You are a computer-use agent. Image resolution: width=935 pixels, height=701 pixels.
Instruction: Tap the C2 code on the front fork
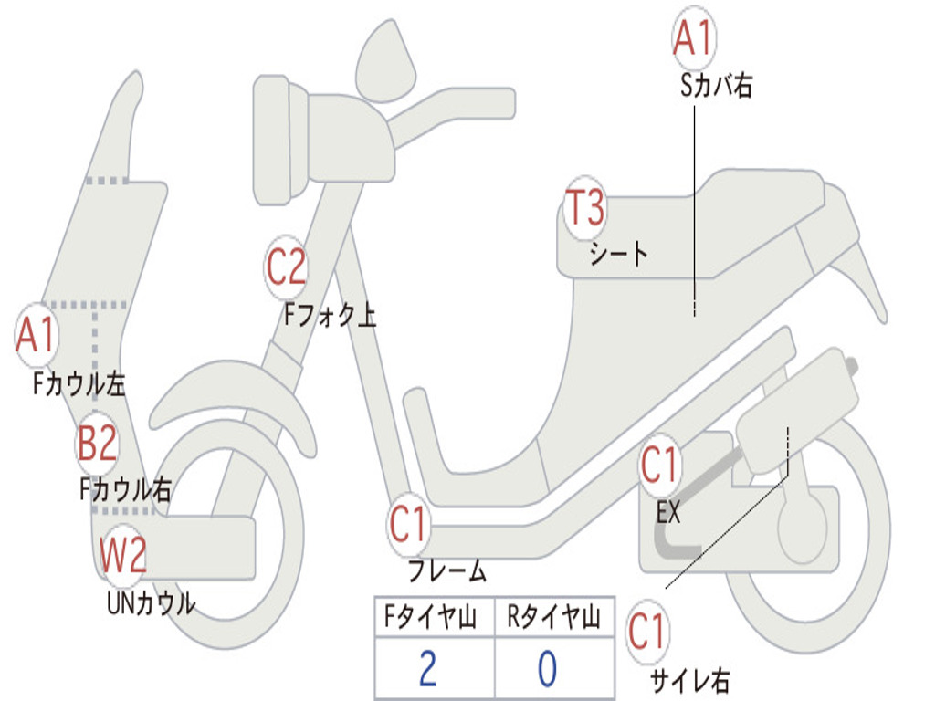[x=286, y=267]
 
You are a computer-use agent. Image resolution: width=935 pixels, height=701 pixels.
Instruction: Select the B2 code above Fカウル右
[x=97, y=444]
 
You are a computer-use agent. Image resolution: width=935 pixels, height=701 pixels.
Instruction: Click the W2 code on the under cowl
[x=123, y=556]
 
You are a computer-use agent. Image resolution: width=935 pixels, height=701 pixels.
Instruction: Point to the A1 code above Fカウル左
[x=37, y=336]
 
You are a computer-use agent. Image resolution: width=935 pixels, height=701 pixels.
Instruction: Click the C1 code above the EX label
[x=659, y=466]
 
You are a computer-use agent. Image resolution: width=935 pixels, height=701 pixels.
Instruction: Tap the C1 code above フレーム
[x=409, y=526]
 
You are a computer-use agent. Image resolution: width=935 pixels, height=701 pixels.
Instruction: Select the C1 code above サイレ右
[x=647, y=632]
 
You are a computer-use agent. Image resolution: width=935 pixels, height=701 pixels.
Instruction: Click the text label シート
[x=618, y=254]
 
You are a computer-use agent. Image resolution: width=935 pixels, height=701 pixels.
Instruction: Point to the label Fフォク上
[x=330, y=315]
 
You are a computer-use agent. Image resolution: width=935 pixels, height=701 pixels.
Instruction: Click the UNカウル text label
[x=151, y=603]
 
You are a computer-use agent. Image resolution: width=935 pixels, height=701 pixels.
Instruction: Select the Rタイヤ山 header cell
[x=553, y=619]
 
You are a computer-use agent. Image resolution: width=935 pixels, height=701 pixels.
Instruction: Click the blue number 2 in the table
[x=427, y=669]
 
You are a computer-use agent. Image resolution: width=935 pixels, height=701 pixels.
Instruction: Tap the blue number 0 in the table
[x=547, y=669]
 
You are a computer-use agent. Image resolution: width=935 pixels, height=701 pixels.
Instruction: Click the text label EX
[x=668, y=512]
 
